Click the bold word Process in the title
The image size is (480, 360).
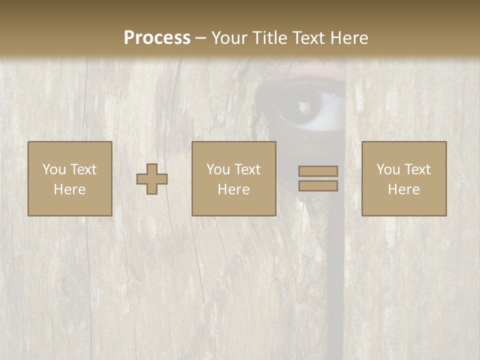coord(157,38)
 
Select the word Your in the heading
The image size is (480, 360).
coord(228,38)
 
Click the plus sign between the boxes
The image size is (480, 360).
coord(152,179)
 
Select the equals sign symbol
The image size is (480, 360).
coord(318,178)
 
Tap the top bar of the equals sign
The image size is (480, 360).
coord(318,171)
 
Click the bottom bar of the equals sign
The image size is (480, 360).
coord(318,185)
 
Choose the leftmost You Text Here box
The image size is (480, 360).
coord(70,178)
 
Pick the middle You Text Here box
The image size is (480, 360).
coord(234,178)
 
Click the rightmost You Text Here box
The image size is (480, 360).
coord(404,178)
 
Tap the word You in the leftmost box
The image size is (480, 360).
coord(54,169)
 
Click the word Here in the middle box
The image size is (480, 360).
coord(234,189)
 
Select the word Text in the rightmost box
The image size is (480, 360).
coord(418,169)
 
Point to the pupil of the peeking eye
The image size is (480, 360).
coord(303,106)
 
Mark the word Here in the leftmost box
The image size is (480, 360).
coord(70,189)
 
